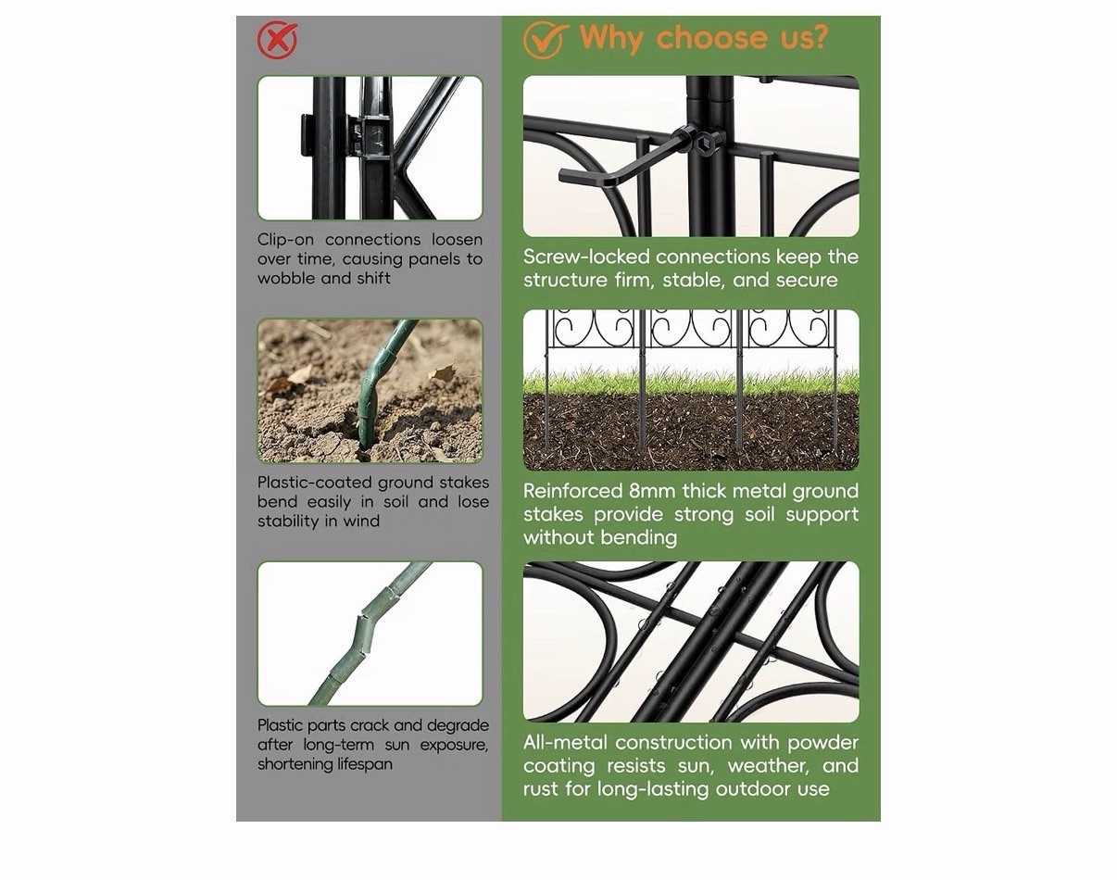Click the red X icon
(x=277, y=40)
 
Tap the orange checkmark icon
(x=545, y=40)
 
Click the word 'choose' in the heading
(x=711, y=38)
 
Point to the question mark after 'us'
(x=818, y=36)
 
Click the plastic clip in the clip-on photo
(x=370, y=136)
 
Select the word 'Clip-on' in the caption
(x=287, y=240)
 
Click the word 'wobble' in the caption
(x=287, y=278)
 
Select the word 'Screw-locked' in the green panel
(x=586, y=257)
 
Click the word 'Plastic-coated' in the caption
(x=315, y=483)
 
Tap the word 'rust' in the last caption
(x=542, y=789)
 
